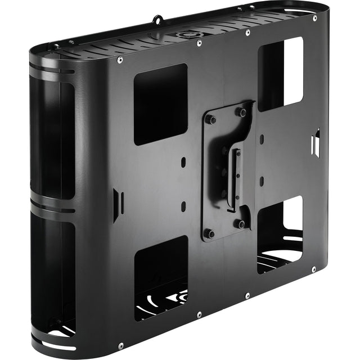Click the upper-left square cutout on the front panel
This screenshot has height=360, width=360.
[160, 103]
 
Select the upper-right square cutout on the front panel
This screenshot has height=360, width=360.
[281, 74]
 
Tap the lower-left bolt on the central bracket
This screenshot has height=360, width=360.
[209, 232]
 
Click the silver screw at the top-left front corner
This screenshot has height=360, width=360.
[120, 59]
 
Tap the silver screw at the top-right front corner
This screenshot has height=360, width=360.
[314, 18]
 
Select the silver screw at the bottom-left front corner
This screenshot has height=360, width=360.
[120, 345]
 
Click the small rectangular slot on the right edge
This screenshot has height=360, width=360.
[316, 142]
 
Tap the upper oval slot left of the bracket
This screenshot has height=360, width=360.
[184, 161]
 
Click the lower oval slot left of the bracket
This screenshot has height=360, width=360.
[184, 205]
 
